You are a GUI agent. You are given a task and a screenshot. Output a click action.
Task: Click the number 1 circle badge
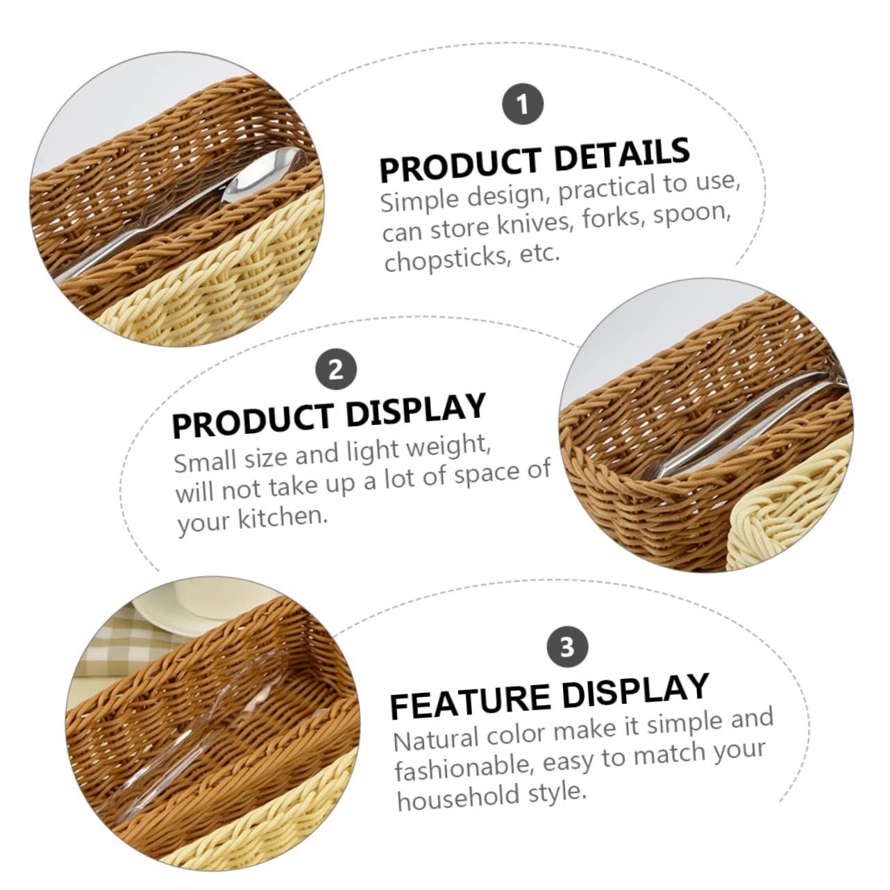522,104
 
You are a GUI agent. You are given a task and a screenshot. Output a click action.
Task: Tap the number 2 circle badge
336,369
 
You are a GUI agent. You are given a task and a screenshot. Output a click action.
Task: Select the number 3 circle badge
567,647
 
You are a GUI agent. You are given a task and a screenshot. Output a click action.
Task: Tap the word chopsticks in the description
447,260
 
